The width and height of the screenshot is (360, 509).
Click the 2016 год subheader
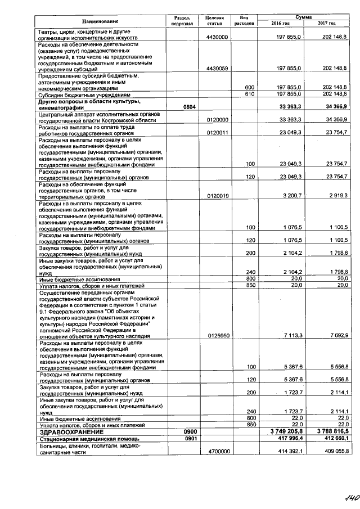click(x=280, y=23)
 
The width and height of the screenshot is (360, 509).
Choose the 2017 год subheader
click(x=327, y=23)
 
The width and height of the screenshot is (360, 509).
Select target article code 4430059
click(x=217, y=68)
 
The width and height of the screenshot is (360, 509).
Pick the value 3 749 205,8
click(x=284, y=431)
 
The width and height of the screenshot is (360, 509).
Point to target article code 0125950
click(x=217, y=335)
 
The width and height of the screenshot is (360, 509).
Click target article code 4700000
click(x=217, y=451)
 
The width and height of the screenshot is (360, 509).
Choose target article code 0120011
click(x=217, y=133)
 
